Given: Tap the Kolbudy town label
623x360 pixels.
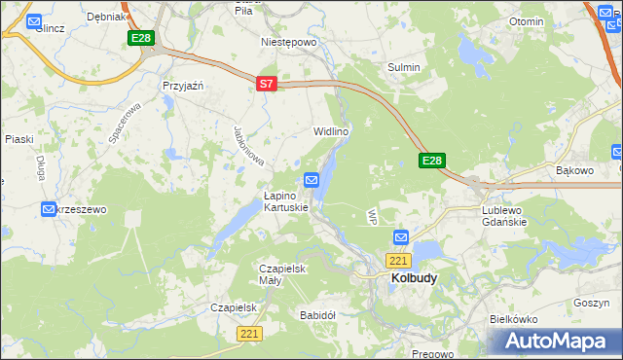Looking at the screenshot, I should coord(414,277).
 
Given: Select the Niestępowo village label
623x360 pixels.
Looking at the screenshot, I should coord(289,43).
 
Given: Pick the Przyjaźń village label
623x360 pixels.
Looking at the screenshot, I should coord(182,86).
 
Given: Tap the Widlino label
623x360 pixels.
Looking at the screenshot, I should coord(331,130).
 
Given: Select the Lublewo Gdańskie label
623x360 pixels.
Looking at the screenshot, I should coord(504,215).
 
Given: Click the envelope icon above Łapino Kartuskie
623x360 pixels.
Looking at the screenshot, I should coord(311,180).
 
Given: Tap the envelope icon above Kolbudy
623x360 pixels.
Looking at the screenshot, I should coord(401,237).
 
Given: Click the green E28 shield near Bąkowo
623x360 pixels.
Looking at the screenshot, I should coord(433,161).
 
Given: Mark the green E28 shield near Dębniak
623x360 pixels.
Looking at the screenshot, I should coord(141,37).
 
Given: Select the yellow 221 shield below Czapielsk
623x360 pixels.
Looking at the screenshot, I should coord(249,334).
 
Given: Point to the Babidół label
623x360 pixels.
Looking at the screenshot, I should coord(317,315).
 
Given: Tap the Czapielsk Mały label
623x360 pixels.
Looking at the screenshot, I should coord(283,274).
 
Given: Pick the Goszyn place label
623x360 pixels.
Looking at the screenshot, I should coord(591,303).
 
